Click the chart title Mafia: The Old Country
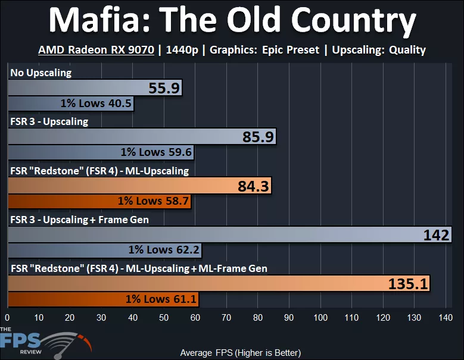[232, 22]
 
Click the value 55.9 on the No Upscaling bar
[164, 89]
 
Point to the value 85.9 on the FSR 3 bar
[258, 137]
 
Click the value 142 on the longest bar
[436, 235]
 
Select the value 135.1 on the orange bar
[408, 284]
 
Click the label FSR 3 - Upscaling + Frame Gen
[79, 220]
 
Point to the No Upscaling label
[41, 73]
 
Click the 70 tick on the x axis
[226, 317]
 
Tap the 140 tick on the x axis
[444, 317]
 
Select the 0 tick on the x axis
[8, 317]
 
